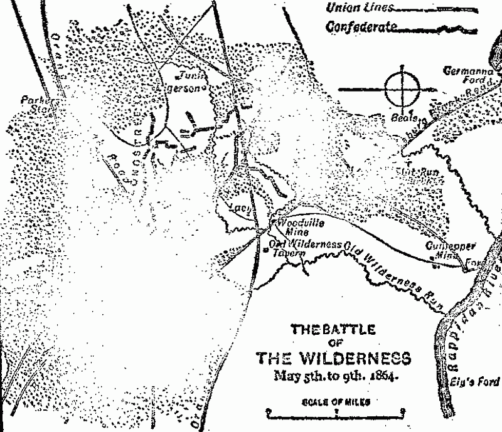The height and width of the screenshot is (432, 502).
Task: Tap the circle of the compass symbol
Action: pos(401,89)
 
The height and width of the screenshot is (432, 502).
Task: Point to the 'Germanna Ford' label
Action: pos(471,76)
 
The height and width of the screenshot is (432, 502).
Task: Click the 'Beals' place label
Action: pos(400,117)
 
